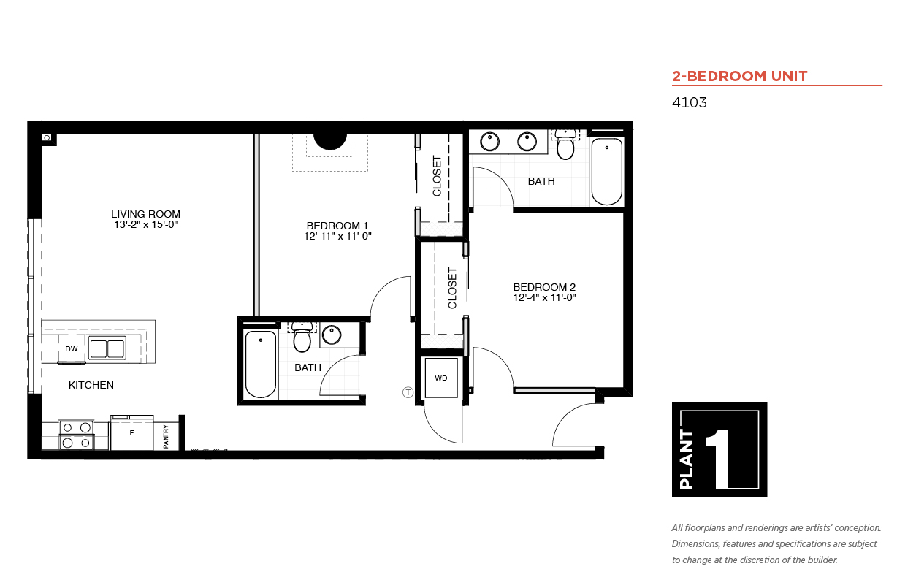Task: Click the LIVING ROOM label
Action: coord(146,214)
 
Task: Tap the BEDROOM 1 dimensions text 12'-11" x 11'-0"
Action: coord(337,237)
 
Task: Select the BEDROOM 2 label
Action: coord(544,287)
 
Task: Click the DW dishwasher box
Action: coord(72,349)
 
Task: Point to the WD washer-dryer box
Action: coord(441,378)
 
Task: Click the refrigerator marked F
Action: coord(131,433)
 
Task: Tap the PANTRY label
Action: coord(166,437)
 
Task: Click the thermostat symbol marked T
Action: coord(408,392)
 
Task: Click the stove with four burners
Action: coord(77,435)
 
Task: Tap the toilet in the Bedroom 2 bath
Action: coord(565,144)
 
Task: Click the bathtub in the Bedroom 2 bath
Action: coord(607,172)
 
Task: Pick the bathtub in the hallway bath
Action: coord(260,364)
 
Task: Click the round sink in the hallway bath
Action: coord(332,335)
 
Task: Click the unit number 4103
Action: coord(689,102)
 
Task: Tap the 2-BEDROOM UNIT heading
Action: coord(740,76)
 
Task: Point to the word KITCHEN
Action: coord(91,385)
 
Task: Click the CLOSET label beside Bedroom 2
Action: coord(452,288)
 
